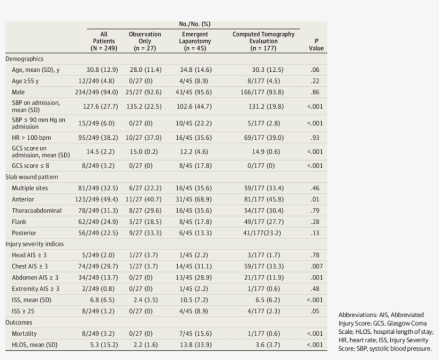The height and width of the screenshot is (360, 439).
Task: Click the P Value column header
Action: pyautogui.click(x=316, y=44)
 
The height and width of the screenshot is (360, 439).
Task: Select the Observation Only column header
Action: pyautogui.click(x=145, y=41)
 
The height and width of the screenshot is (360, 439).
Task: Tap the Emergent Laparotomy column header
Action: pyautogui.click(x=195, y=41)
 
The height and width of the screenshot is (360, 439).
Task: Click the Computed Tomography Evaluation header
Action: pyautogui.click(x=263, y=41)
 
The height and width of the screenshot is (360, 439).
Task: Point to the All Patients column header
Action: pyautogui.click(x=104, y=41)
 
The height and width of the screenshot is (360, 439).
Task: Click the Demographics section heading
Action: pyautogui.click(x=25, y=59)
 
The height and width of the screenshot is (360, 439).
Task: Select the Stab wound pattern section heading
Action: pyautogui.click(x=32, y=176)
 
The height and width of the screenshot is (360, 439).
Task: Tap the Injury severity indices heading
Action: pyautogui.click(x=34, y=244)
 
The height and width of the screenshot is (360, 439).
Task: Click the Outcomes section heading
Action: pyautogui.click(x=19, y=322)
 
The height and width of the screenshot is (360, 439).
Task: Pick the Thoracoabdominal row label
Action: pyautogui.click(x=37, y=210)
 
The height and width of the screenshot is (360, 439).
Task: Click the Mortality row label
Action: pyautogui.click(x=25, y=333)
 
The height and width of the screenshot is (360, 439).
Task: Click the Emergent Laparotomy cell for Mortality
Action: pyautogui.click(x=195, y=333)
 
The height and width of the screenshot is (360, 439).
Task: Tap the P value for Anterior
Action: pyautogui.click(x=316, y=199)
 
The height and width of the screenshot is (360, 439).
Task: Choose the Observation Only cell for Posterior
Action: pyautogui.click(x=145, y=232)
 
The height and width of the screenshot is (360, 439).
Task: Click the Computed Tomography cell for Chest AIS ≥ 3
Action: pyautogui.click(x=263, y=266)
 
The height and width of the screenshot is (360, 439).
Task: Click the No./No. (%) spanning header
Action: pyautogui.click(x=195, y=24)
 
